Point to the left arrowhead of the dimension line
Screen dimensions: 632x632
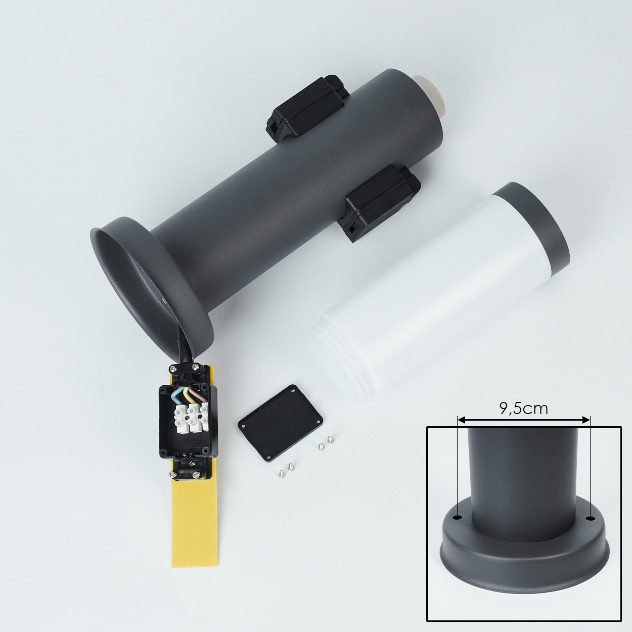[461, 419]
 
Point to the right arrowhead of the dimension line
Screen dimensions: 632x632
[586, 419]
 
